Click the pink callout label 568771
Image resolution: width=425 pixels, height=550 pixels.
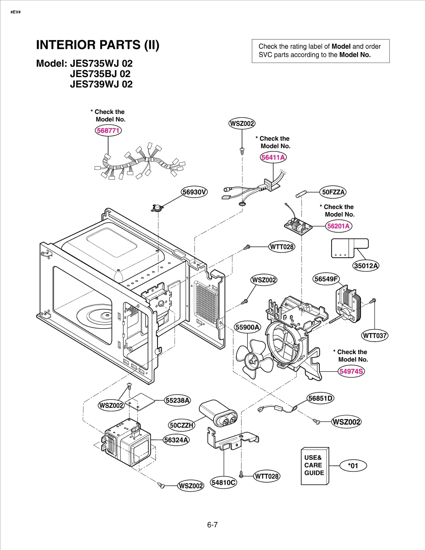[108, 131]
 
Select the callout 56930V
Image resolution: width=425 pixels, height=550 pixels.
[194, 192]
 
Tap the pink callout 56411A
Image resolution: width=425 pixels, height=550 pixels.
[273, 157]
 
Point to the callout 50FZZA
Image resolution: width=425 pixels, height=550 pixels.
[333, 192]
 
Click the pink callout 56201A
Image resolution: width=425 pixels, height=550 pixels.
[338, 226]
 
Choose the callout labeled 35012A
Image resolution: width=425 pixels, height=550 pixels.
[366, 266]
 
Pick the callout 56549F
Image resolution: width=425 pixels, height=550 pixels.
[326, 279]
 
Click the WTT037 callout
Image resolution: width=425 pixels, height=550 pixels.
[375, 336]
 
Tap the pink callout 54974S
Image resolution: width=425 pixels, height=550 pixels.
[351, 371]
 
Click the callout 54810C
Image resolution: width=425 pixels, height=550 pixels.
[223, 483]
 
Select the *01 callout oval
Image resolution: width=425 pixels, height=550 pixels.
[353, 466]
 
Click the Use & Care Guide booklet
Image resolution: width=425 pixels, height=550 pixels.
[314, 466]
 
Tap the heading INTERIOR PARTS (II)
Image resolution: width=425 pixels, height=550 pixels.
[97, 45]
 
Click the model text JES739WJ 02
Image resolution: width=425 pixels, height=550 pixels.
[101, 84]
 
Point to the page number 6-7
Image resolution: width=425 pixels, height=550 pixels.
[212, 525]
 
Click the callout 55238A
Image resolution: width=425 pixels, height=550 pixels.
[177, 400]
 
